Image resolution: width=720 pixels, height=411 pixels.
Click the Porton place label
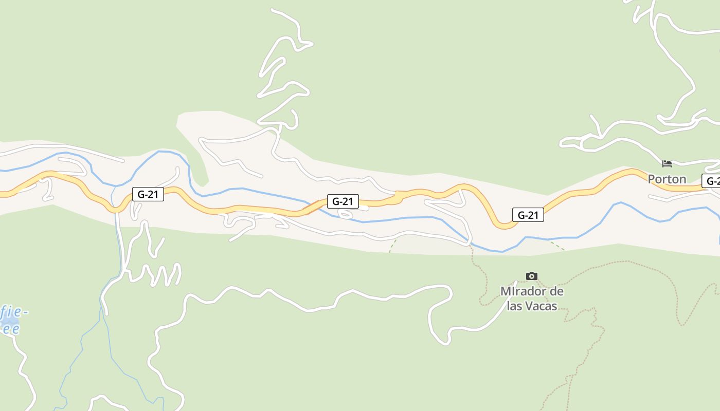667,179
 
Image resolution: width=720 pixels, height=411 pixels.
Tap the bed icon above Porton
667,164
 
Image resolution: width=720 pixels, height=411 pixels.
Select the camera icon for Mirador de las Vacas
532,276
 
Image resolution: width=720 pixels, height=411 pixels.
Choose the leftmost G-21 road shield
148,194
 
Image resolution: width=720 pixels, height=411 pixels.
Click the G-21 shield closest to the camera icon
528,215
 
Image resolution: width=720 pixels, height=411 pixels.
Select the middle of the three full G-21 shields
343,201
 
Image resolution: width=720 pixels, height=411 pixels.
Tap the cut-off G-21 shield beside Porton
712,181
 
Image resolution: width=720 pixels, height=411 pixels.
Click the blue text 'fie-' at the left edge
14,312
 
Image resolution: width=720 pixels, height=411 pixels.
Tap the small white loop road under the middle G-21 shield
346,213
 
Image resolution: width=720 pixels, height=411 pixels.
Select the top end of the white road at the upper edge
273,10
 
